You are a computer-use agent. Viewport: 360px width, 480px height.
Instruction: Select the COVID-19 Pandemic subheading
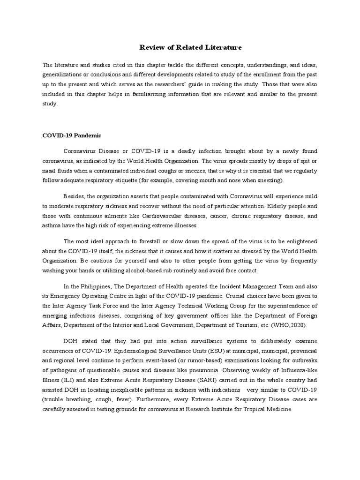pyautogui.click(x=71, y=135)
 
